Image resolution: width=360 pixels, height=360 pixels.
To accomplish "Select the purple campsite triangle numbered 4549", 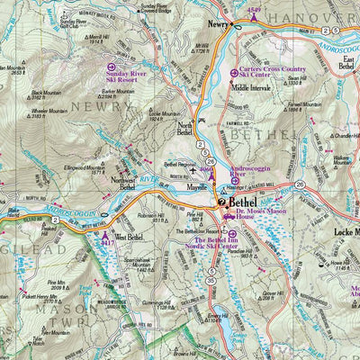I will click(254, 16).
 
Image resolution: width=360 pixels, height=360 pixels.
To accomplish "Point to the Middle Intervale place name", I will click(253, 88).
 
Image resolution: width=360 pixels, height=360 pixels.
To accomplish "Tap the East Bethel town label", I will click(346, 62).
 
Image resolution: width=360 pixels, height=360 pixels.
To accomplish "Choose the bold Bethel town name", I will click(244, 203).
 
